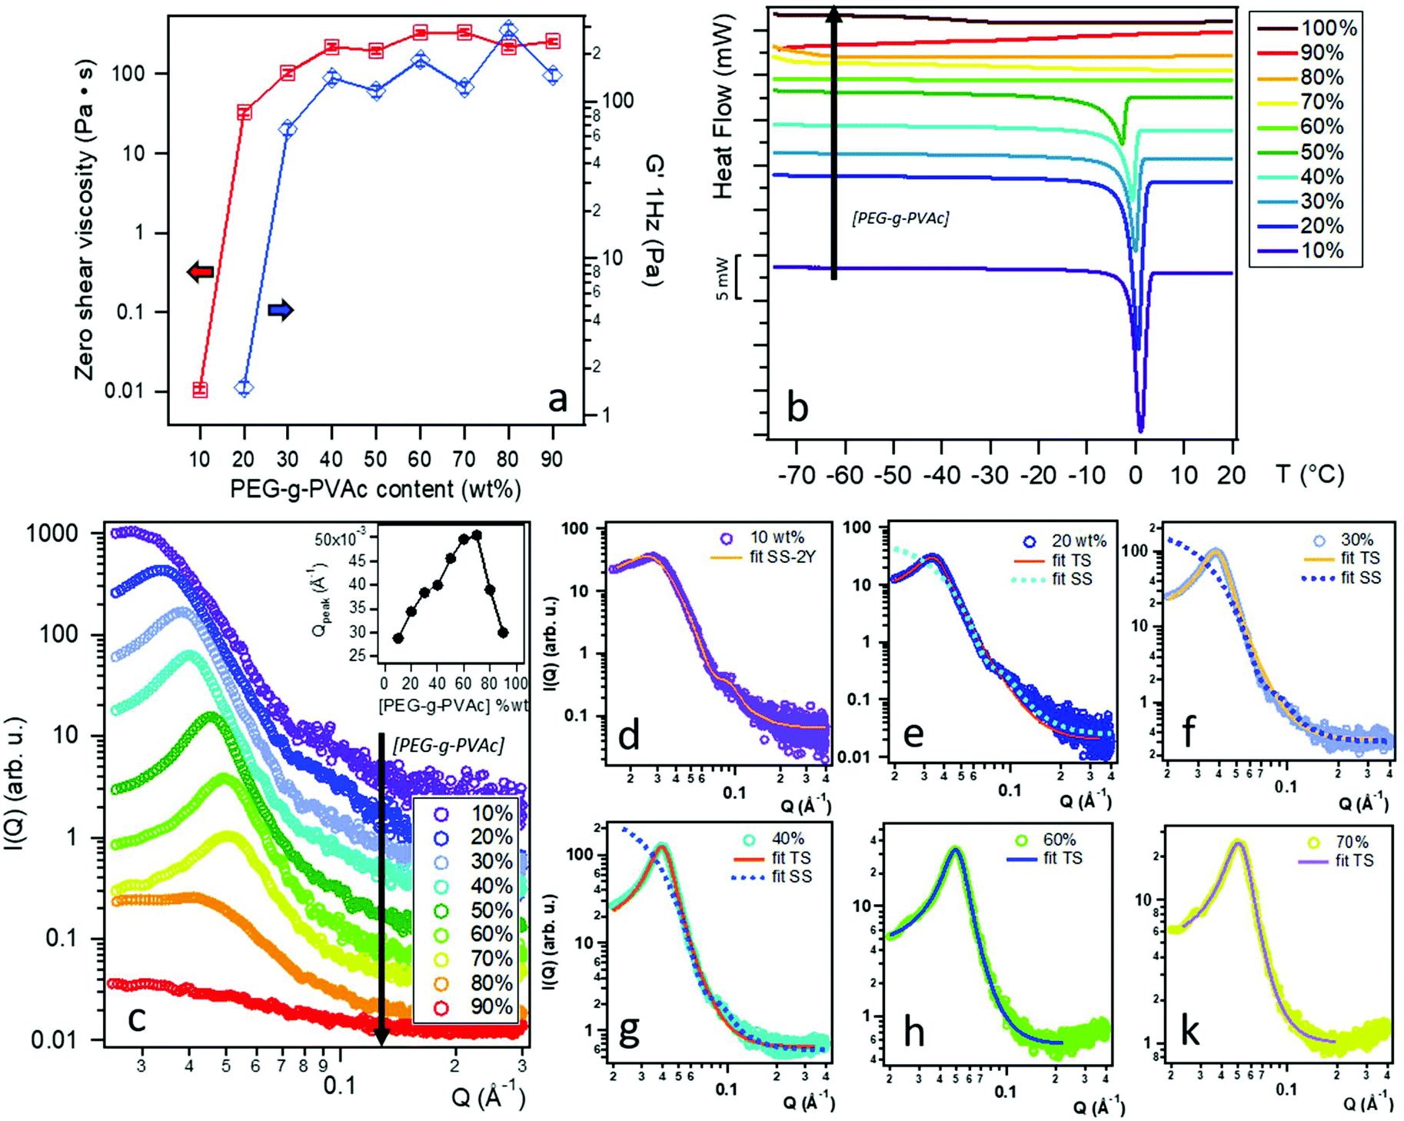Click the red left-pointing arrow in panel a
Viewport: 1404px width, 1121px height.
pyautogui.click(x=201, y=271)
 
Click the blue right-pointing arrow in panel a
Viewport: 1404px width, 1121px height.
pyautogui.click(x=281, y=310)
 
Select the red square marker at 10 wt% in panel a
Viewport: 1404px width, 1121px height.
pyautogui.click(x=200, y=390)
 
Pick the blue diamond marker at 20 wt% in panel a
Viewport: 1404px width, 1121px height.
pyautogui.click(x=245, y=388)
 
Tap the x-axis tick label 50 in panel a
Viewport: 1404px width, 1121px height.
pyautogui.click(x=375, y=459)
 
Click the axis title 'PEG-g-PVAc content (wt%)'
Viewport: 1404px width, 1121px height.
pyautogui.click(x=375, y=489)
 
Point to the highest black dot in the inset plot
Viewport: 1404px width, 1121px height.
pyautogui.click(x=477, y=534)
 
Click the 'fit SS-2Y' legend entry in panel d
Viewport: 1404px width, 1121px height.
pyautogui.click(x=782, y=557)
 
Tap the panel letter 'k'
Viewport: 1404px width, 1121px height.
pyautogui.click(x=1189, y=1030)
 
